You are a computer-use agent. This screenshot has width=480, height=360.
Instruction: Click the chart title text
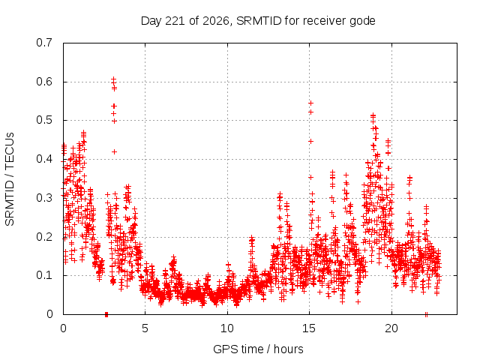coord(258,21)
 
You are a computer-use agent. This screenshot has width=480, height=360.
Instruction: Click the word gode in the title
coord(363,22)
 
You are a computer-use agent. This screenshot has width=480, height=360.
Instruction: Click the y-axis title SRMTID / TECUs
coord(10,179)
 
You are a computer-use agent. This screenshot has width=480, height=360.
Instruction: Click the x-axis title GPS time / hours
coord(258,349)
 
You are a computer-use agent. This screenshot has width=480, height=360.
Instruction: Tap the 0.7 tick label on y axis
coord(44,43)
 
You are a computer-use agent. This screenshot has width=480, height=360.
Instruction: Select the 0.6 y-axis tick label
coord(44,82)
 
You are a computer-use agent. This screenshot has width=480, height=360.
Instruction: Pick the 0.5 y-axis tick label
coord(44,120)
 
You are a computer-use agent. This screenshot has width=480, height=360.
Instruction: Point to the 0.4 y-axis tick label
coord(44,159)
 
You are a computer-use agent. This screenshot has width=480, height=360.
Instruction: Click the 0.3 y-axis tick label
coord(44,198)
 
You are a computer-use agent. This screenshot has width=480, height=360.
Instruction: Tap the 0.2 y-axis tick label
coord(44,237)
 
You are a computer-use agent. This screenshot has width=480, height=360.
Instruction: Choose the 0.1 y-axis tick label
coord(44,275)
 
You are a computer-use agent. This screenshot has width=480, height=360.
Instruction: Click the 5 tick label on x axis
coord(145,328)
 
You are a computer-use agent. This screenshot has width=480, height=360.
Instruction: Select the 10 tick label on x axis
coord(227,328)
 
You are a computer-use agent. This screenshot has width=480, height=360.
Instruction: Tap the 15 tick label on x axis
coord(309,328)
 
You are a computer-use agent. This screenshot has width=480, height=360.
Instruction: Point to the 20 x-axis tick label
coord(391,328)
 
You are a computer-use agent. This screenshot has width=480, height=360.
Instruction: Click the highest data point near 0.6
coord(113,79)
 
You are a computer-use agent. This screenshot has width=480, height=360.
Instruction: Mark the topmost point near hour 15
coord(310,103)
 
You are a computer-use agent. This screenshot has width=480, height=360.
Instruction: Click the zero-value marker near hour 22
coord(426,314)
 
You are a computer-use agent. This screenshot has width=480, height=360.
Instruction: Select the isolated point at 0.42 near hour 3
coord(114,151)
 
